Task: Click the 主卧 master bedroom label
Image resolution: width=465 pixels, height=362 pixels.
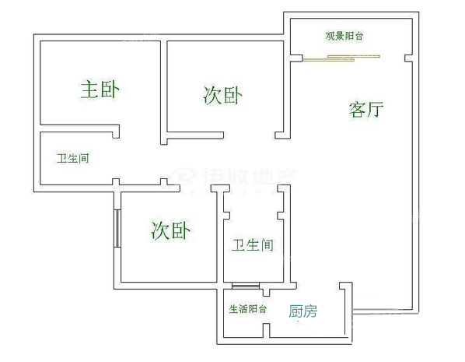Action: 100,90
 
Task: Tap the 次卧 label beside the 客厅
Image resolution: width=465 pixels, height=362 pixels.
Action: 222,95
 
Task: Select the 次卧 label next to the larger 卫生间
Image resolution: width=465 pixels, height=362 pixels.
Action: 170,230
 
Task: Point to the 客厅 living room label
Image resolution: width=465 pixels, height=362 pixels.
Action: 366,110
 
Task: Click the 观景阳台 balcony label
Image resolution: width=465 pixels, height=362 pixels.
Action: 344,36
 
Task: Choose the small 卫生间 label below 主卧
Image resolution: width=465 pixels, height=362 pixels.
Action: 73,158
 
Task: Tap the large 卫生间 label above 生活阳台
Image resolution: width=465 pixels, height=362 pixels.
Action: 253,245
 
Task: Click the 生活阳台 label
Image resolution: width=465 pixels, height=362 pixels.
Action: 247,309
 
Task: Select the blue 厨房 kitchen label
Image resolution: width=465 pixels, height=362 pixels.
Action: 303,311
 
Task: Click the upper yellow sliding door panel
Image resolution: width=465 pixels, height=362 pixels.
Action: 354,56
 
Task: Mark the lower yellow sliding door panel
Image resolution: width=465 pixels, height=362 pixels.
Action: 328,60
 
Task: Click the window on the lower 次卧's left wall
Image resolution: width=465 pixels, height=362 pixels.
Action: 117,228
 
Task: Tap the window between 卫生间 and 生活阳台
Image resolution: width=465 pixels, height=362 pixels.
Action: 246,286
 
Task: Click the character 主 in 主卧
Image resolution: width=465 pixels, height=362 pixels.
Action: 89,90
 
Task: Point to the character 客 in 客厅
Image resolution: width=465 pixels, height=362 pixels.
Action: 357,110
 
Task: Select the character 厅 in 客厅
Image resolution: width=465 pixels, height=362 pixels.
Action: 375,110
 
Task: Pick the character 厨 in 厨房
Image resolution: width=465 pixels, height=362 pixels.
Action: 295,311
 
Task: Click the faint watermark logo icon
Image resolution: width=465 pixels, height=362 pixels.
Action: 184,176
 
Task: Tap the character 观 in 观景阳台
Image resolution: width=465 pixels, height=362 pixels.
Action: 330,36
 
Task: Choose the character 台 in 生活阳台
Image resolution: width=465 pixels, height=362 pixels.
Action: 262,309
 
